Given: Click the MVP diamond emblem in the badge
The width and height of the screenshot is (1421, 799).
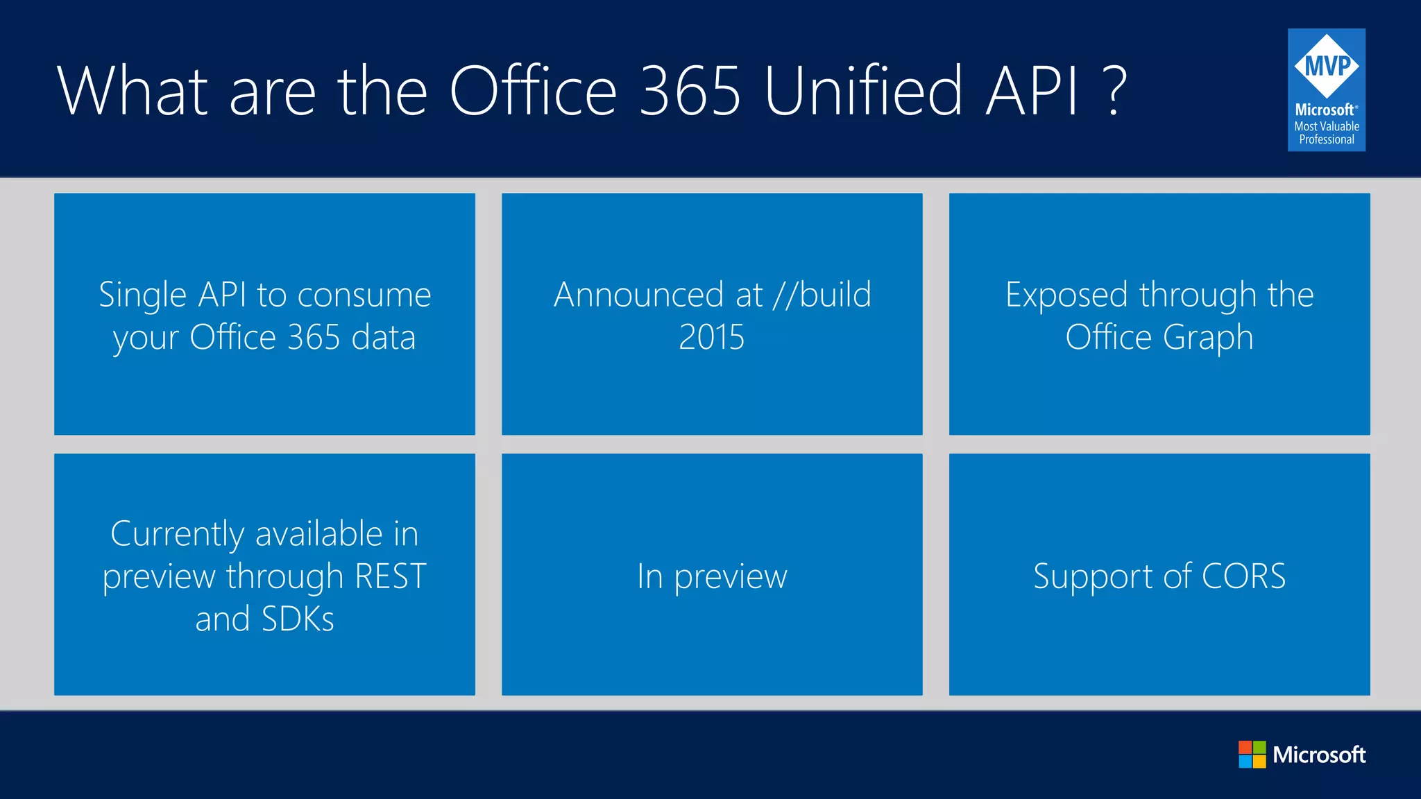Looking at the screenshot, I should [1327, 66].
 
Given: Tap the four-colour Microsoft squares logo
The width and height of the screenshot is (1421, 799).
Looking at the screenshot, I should [1252, 754].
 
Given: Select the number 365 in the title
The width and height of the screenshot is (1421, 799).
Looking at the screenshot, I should [690, 91].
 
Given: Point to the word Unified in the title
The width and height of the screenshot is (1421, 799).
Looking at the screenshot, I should [864, 91].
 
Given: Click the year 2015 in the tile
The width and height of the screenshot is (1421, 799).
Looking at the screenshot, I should [711, 338].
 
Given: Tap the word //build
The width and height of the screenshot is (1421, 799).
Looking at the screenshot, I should [822, 295].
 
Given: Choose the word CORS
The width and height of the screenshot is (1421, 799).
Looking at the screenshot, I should [1243, 576].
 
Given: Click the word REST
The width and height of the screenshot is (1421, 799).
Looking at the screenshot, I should [391, 576].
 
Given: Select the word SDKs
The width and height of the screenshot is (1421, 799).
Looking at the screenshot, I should [298, 619].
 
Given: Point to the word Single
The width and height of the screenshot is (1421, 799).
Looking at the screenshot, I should [143, 295].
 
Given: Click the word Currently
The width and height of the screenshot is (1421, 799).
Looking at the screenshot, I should [177, 534].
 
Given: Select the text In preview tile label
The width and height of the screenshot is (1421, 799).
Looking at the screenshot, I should [712, 576].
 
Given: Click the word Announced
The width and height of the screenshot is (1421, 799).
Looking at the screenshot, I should [639, 295].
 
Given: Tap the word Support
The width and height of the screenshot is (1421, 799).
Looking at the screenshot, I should [1094, 577].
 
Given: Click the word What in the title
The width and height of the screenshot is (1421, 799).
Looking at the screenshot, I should [133, 91].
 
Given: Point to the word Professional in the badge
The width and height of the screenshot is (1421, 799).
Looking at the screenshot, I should [1327, 139].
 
